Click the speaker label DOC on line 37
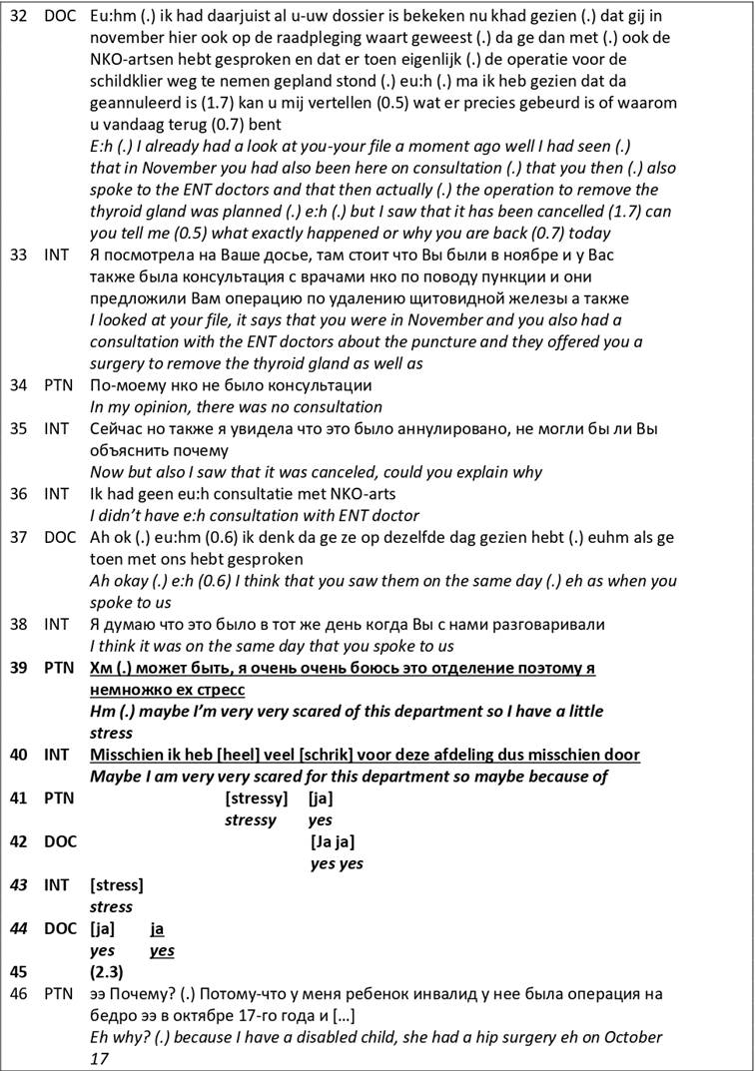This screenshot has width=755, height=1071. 59,537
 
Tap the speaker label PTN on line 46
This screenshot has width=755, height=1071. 59,994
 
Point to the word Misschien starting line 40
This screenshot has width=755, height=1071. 127,755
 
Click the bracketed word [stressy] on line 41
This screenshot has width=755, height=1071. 257,799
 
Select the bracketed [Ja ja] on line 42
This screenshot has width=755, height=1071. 333,841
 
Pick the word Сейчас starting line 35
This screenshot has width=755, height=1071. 117,428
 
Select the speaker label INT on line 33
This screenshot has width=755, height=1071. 57,255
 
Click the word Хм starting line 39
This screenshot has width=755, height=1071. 101,668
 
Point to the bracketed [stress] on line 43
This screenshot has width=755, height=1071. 116,885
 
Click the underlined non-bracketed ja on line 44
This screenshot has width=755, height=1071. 157,928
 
